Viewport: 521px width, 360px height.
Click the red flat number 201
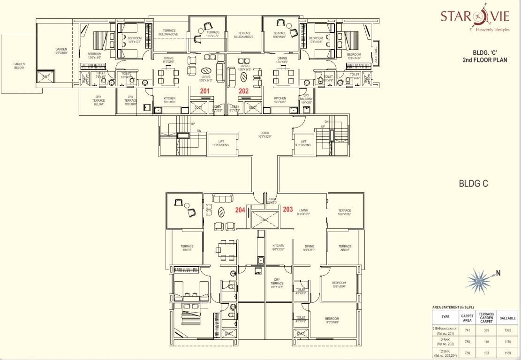(x=205, y=91)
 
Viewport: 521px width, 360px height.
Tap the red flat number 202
(x=243, y=91)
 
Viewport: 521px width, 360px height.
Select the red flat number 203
(x=288, y=210)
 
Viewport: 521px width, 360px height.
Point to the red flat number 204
(x=240, y=210)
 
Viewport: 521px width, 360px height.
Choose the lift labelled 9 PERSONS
(x=303, y=143)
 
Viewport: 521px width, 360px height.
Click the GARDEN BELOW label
(x=19, y=66)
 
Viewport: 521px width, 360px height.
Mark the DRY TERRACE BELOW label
(x=98, y=100)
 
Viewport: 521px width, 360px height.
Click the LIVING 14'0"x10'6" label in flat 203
(x=303, y=212)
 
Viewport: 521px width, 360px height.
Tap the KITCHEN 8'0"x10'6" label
(x=279, y=247)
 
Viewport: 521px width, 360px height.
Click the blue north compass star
(x=479, y=280)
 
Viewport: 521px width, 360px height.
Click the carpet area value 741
(x=468, y=330)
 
